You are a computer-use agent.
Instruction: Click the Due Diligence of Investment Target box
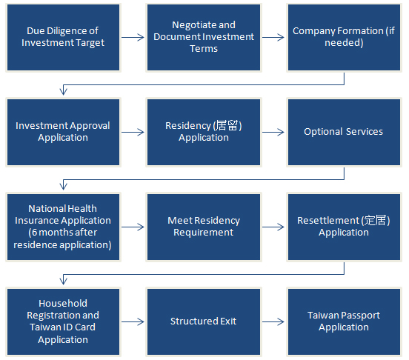click(64, 37)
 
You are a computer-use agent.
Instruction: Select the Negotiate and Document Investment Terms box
click(204, 37)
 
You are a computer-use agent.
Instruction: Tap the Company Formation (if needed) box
click(344, 37)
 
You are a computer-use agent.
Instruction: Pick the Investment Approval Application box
click(64, 132)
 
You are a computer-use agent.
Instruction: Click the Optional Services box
click(344, 132)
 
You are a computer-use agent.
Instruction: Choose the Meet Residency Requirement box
click(204, 227)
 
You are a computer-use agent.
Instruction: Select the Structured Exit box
click(204, 321)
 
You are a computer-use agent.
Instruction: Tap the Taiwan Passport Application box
click(344, 321)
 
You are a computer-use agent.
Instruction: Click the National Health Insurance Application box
click(64, 227)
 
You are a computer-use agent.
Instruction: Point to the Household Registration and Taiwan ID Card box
click(64, 321)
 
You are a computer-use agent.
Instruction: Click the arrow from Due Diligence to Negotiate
click(133, 37)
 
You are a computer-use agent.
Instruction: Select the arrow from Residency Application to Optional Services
click(273, 132)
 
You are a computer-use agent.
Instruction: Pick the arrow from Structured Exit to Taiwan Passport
click(273, 321)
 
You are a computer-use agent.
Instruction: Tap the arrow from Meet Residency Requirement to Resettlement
click(273, 227)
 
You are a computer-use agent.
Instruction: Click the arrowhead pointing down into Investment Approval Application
click(64, 92)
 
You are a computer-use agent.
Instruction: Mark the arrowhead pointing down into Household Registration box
click(64, 281)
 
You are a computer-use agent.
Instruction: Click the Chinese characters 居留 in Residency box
click(227, 125)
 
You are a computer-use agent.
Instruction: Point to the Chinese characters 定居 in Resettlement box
click(375, 220)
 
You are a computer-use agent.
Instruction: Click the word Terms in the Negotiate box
click(204, 49)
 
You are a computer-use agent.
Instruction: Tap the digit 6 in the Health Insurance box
click(34, 233)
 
